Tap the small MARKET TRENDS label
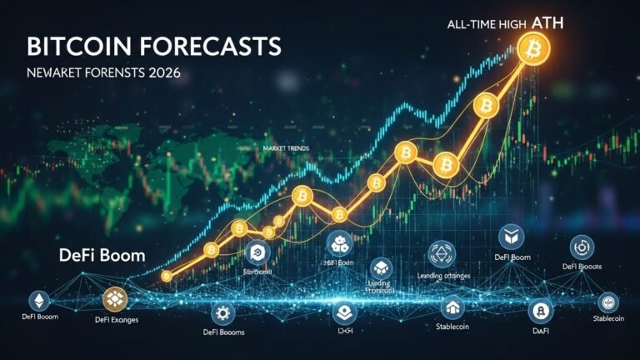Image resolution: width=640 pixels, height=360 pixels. coord(285,147)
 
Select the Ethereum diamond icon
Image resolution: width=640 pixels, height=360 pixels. coord(38,299)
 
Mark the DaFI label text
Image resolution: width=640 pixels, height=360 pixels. coord(540,332)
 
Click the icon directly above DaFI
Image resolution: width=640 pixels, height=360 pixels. coord(540,312)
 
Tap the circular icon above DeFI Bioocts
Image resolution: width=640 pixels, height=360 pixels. coord(581,247)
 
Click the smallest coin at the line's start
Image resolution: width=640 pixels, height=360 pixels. coord(167,275)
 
